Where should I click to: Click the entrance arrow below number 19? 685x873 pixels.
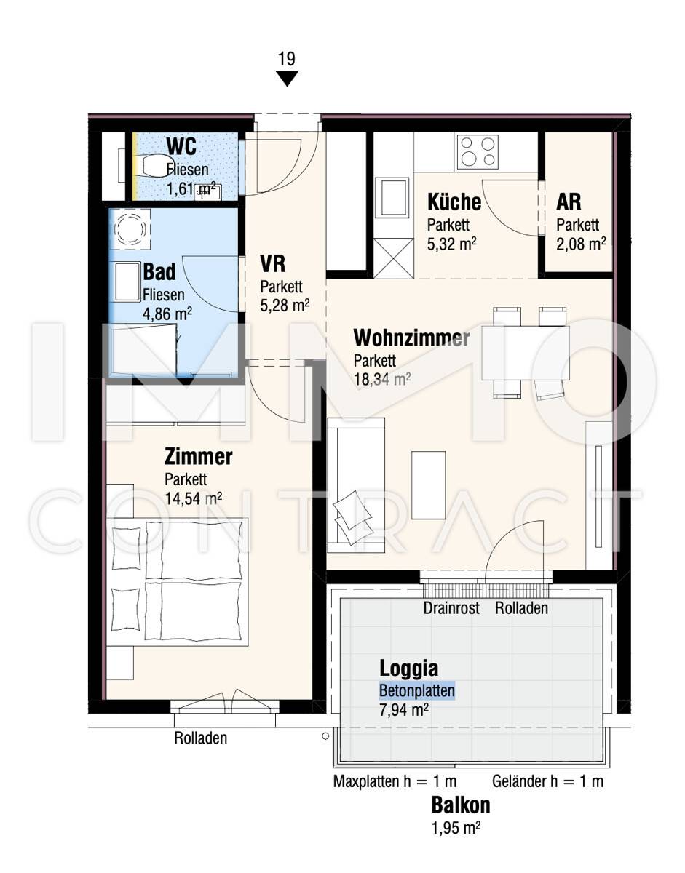tap(287, 79)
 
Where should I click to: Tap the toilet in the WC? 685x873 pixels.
tap(151, 166)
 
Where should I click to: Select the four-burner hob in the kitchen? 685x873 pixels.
tap(477, 152)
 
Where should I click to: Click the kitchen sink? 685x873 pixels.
tap(393, 198)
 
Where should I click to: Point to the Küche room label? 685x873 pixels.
tap(454, 202)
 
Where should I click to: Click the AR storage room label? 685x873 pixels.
tap(569, 202)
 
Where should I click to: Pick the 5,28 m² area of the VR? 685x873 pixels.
tap(285, 306)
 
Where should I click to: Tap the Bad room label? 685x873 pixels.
tap(159, 272)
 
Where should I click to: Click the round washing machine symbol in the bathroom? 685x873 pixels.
tap(130, 229)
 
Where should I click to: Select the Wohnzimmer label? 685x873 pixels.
tap(411, 338)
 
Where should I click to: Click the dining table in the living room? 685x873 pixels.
tap(526, 353)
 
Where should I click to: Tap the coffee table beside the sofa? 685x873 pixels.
tap(428, 485)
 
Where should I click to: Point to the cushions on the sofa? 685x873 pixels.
tap(353, 517)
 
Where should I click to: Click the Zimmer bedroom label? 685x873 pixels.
tap(198, 457)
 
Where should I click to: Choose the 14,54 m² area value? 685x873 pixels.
tap(193, 498)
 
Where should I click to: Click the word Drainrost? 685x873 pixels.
tap(451, 608)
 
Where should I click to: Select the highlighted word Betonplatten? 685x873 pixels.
tap(417, 690)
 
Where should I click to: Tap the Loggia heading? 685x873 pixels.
tap(409, 669)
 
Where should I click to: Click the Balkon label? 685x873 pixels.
tap(461, 805)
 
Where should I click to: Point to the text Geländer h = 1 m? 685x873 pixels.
tap(547, 781)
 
